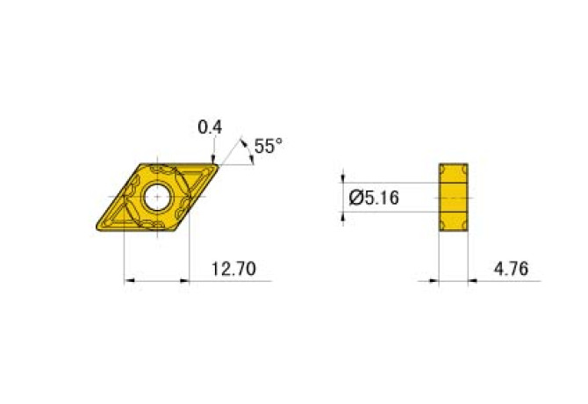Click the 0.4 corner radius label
click(x=210, y=128)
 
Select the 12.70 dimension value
click(x=233, y=270)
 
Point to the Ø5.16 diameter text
click(x=374, y=198)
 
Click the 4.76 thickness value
click(x=511, y=270)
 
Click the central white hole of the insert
click(x=158, y=197)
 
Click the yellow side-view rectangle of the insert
click(x=453, y=198)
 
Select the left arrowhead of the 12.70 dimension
click(x=128, y=281)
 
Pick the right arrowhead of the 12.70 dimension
click(x=185, y=281)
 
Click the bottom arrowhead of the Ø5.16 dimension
click(x=343, y=216)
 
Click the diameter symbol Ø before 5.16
click(x=355, y=198)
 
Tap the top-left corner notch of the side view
click(x=442, y=167)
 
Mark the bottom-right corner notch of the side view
click(x=463, y=230)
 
